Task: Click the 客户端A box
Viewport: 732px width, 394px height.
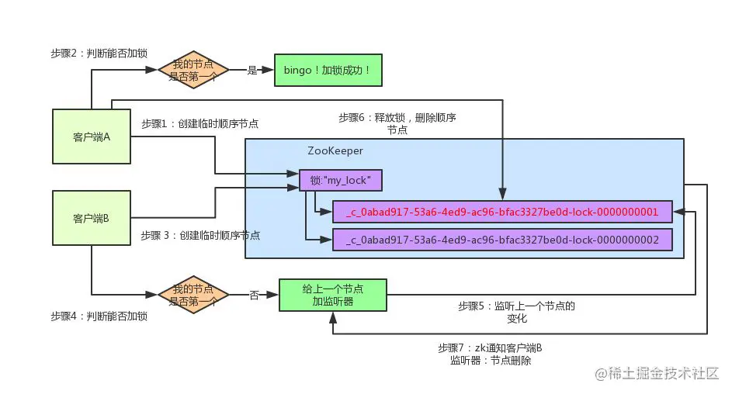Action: [x=92, y=137]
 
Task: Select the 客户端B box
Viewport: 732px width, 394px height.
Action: [x=92, y=219]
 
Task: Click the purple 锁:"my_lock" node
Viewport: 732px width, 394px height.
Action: [x=341, y=181]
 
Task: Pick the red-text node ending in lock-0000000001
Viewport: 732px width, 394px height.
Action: [x=502, y=212]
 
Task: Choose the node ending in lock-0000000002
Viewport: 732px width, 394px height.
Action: [x=502, y=240]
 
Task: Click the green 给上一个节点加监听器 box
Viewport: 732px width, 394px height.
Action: [x=332, y=295]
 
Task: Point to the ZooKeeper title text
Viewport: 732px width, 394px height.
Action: [x=335, y=151]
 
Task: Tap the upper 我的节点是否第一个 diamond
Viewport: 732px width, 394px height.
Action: [x=193, y=71]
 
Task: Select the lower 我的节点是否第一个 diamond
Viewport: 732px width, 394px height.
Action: [x=193, y=295]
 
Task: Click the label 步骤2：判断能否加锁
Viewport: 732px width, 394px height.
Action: [x=99, y=53]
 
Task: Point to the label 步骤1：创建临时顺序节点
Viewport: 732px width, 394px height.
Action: [x=200, y=123]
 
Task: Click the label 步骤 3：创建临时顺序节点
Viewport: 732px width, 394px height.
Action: [x=200, y=235]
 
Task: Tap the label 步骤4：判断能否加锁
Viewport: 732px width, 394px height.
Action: [x=99, y=316]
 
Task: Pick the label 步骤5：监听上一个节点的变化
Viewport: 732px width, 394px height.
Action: [x=517, y=312]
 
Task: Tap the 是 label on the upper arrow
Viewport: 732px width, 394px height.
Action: [x=252, y=71]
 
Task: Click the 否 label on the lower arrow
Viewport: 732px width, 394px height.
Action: [x=254, y=295]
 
